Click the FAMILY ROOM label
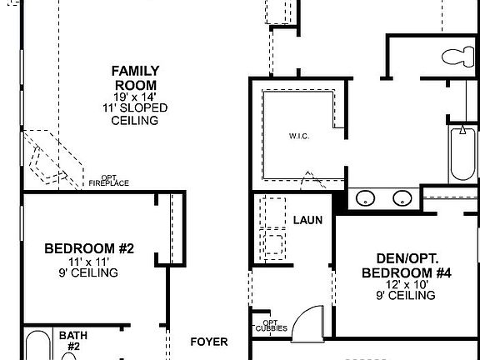[x=135, y=77]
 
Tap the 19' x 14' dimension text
[x=135, y=97]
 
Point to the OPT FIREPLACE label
[x=109, y=181]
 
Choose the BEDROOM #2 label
[x=89, y=248]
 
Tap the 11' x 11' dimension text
[x=89, y=262]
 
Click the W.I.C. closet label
[x=300, y=137]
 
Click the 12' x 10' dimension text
[x=407, y=284]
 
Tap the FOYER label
[x=208, y=342]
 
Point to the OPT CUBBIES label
[x=271, y=326]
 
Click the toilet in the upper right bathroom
[x=456, y=57]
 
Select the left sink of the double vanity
[x=365, y=198]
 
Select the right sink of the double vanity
[x=402, y=198]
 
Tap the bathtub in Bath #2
[x=37, y=346]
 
